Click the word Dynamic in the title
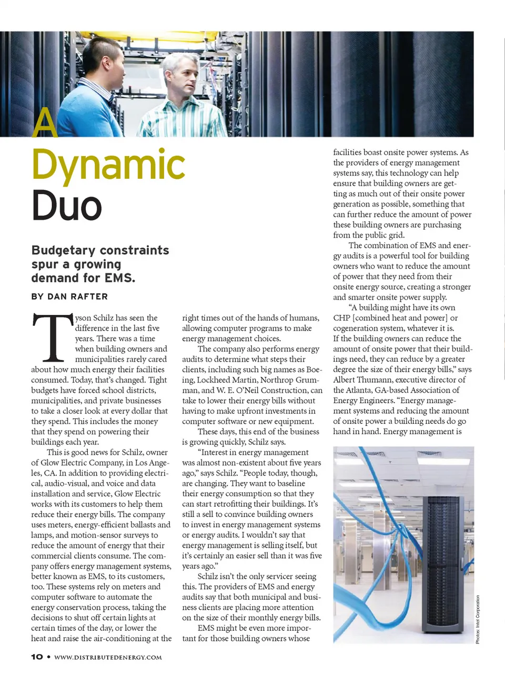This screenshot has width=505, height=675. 108,165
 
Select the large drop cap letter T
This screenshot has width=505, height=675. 52,337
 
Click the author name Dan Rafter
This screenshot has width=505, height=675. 77,296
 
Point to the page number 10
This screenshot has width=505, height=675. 37,657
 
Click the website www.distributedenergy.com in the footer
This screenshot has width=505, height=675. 108,657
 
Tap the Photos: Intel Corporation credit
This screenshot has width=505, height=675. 478,619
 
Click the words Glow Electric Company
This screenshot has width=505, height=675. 82,463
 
